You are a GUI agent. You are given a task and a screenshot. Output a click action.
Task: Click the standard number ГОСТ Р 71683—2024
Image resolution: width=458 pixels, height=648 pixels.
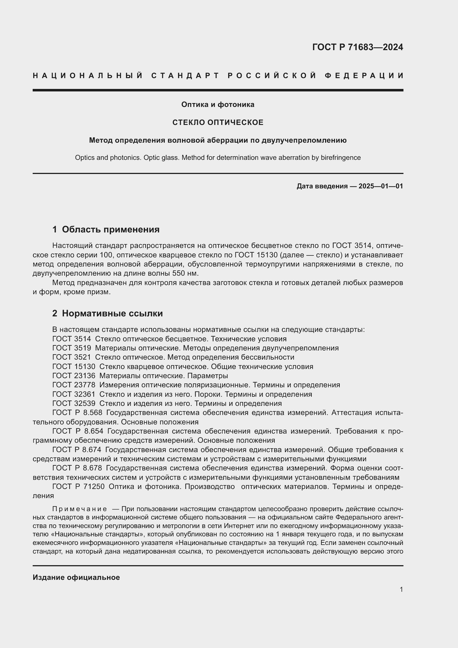(x=357, y=47)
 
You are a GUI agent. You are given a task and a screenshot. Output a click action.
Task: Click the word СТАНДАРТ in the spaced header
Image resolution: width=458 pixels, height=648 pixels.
(x=185, y=76)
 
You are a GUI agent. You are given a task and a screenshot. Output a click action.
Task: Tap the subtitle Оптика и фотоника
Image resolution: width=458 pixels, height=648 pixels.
(x=217, y=104)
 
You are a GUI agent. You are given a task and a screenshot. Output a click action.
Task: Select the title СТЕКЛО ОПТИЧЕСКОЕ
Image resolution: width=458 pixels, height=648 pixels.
(x=218, y=122)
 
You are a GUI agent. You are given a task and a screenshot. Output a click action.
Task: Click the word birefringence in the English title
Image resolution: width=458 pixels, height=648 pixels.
(x=341, y=157)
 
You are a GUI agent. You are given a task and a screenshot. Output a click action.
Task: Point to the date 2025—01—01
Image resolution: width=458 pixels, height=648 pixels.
(x=381, y=186)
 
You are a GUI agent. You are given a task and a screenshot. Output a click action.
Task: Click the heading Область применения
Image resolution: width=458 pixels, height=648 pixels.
(x=110, y=229)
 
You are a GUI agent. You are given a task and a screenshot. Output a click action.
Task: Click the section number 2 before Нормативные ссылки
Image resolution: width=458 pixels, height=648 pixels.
(x=55, y=314)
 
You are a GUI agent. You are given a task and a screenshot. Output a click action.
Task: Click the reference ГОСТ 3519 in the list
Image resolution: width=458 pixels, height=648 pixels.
(x=72, y=348)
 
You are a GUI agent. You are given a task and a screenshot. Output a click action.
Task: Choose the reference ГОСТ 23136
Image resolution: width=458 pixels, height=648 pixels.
(x=74, y=376)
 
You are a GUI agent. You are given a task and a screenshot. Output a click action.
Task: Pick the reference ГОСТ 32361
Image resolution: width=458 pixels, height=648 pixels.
(x=74, y=394)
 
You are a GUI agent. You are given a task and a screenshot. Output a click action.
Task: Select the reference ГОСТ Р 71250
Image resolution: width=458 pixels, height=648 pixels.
(x=78, y=486)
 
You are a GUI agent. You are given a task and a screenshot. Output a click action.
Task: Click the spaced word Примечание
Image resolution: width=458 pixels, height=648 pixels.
(x=79, y=509)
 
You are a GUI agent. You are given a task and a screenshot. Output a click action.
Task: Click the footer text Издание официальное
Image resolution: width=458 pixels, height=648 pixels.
(x=76, y=577)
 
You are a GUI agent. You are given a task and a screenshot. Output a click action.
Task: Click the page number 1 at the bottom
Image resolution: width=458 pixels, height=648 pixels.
(x=401, y=589)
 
